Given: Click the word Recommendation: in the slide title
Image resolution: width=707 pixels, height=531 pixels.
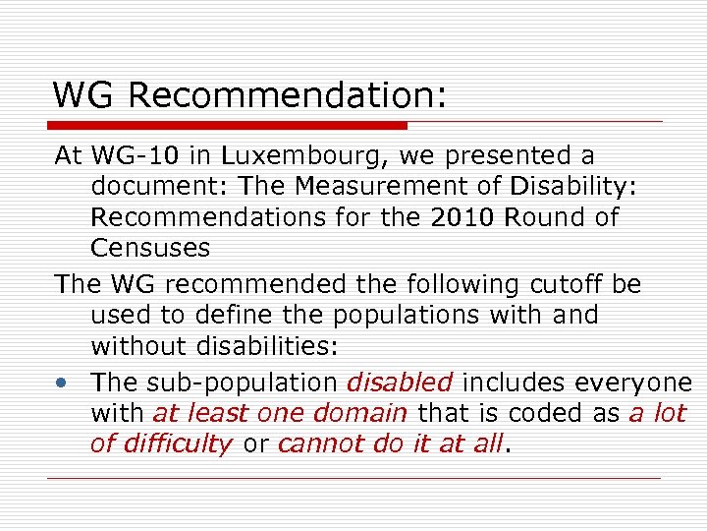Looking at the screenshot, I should point(287,95).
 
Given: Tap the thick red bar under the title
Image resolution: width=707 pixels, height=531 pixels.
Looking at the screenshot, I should point(228,126).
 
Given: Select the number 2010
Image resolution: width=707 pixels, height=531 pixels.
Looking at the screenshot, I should point(462,217).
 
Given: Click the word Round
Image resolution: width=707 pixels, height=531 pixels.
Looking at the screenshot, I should point(540,217).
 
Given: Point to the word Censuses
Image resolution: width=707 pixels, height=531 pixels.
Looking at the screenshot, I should point(150,248).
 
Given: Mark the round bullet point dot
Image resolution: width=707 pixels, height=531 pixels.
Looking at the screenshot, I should point(62,382).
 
